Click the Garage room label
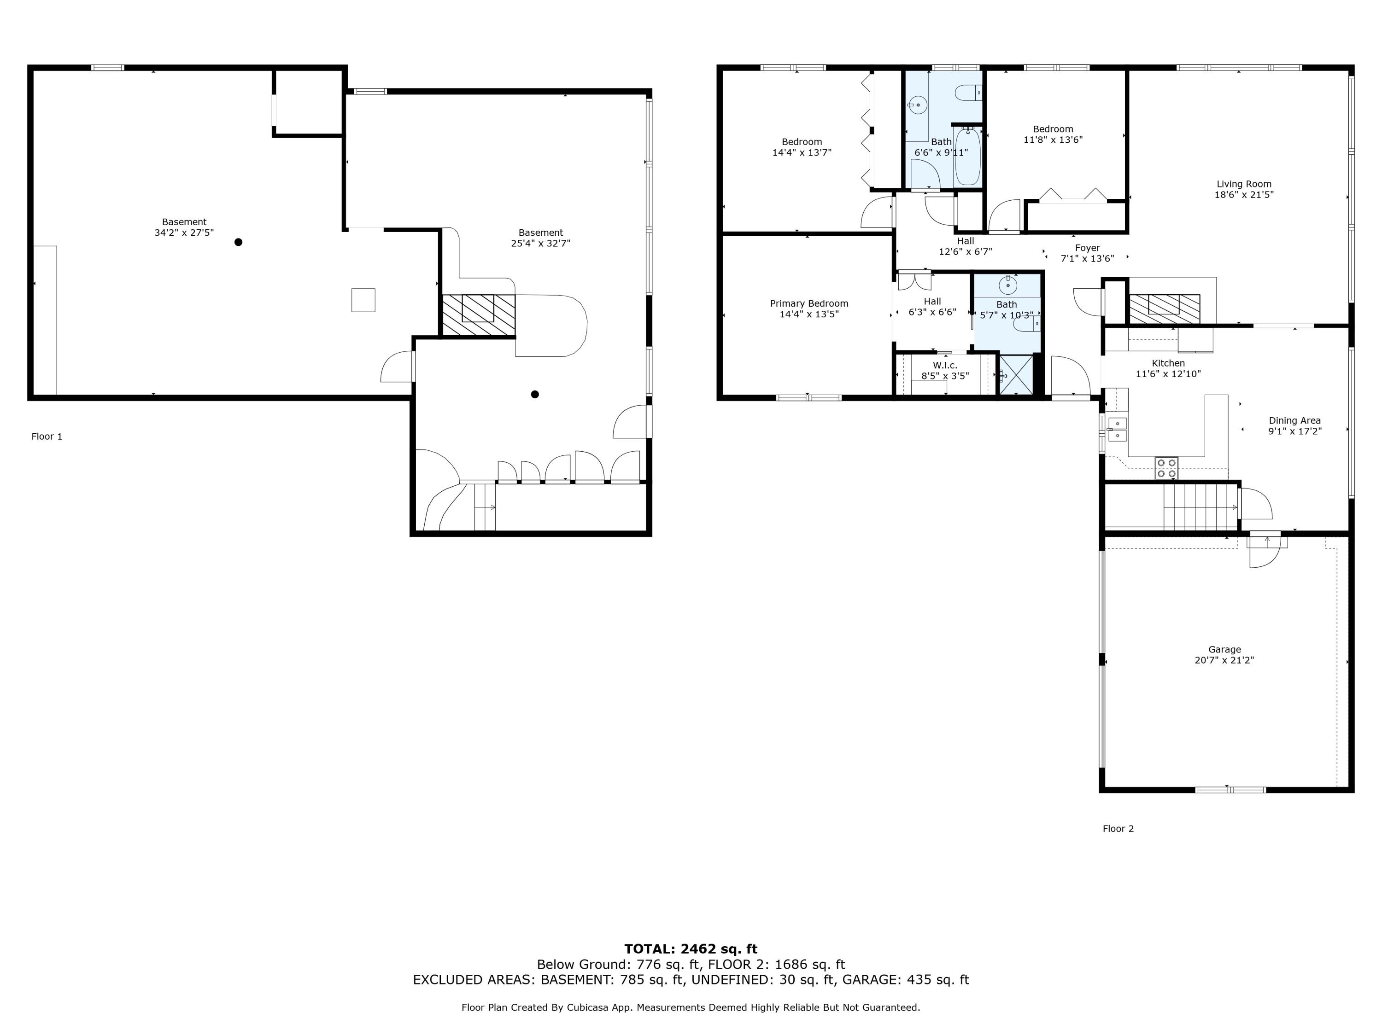pos(1224,649)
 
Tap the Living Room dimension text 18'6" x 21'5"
pos(1243,195)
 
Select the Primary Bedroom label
pos(808,303)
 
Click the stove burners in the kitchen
pos(1166,468)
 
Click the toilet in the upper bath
pos(969,93)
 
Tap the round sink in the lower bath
pos(1008,286)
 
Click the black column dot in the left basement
pos(238,242)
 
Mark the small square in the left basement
pos(363,300)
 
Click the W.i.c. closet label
pos(945,365)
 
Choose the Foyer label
pos(1087,248)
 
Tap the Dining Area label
pos(1294,421)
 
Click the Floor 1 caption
pos(47,437)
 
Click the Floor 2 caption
pos(1118,829)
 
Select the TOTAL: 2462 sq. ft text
pos(691,949)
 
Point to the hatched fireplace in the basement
pos(479,315)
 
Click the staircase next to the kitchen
pos(1200,506)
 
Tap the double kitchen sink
pos(1117,430)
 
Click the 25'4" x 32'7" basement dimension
pos(540,244)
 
